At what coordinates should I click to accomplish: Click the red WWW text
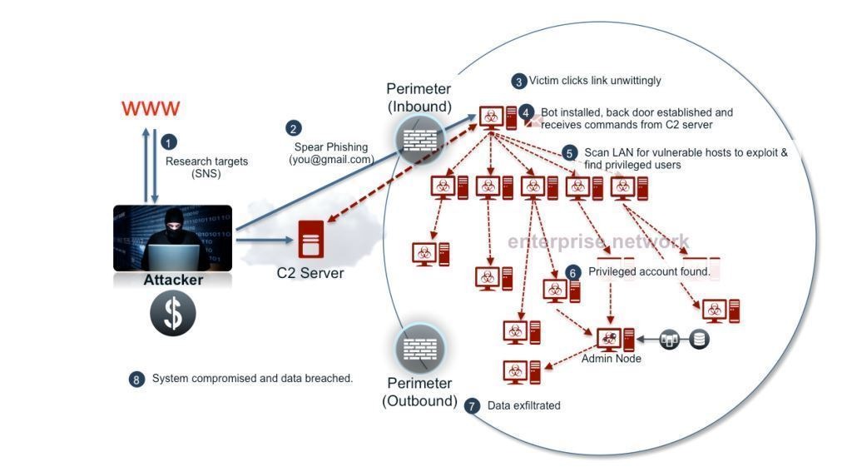(151, 109)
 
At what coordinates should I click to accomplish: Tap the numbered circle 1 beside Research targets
(170, 142)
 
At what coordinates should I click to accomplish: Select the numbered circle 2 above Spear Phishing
(293, 128)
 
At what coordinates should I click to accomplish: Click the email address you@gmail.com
(331, 160)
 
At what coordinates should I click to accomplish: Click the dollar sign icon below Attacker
(173, 314)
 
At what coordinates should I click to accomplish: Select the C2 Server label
(310, 273)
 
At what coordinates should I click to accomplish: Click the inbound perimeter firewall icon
(419, 137)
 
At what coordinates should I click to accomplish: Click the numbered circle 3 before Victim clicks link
(519, 82)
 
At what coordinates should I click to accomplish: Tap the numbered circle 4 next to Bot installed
(526, 112)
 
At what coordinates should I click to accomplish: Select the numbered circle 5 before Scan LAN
(570, 153)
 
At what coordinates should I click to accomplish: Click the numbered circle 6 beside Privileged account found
(572, 272)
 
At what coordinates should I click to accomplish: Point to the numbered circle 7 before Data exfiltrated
(473, 406)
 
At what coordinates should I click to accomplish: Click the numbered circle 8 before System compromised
(136, 379)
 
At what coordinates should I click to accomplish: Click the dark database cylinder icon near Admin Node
(699, 339)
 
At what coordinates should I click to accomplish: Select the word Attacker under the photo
(173, 281)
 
